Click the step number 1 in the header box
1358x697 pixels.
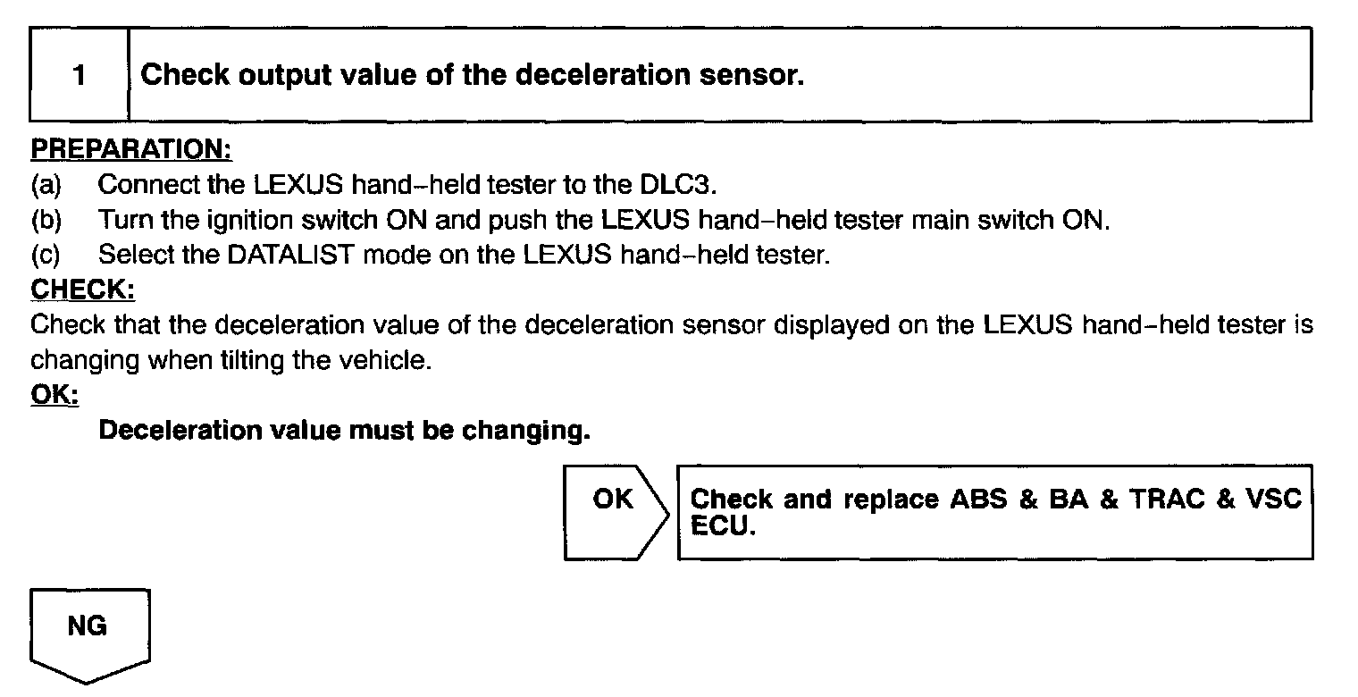tap(80, 75)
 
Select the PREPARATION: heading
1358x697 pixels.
tap(131, 148)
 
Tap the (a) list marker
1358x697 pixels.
tap(46, 185)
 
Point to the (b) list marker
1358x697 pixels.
tap(46, 220)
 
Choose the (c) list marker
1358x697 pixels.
tap(46, 255)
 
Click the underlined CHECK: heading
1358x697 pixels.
tap(82, 290)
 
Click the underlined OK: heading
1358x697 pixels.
tap(54, 394)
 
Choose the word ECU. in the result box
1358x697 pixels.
tap(724, 526)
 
